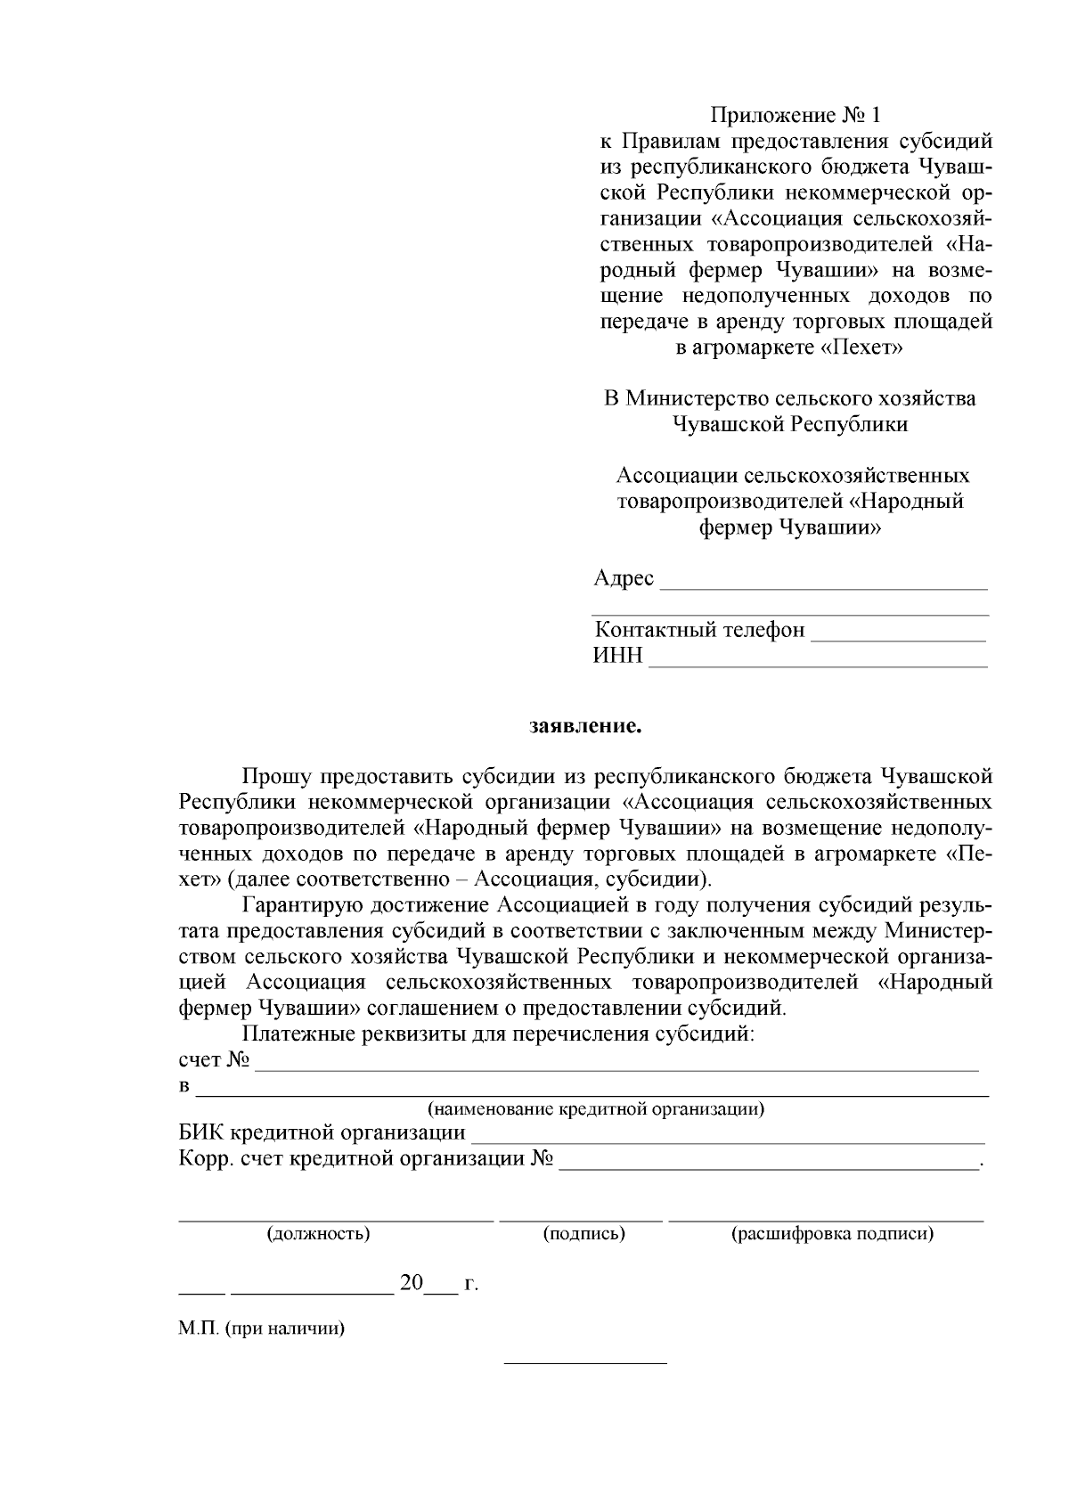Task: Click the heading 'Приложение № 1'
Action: [795, 115]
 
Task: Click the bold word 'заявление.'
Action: [585, 726]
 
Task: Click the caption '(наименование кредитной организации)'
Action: [596, 1109]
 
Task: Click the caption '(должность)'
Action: [318, 1234]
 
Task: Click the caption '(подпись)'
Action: [583, 1234]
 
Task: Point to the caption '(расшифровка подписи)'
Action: [832, 1234]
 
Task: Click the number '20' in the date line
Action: [412, 1284]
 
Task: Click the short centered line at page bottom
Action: [585, 1363]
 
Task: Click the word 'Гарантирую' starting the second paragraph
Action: [298, 906]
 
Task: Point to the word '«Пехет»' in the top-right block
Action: [861, 347]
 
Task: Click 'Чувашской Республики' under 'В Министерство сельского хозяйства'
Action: [789, 424]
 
